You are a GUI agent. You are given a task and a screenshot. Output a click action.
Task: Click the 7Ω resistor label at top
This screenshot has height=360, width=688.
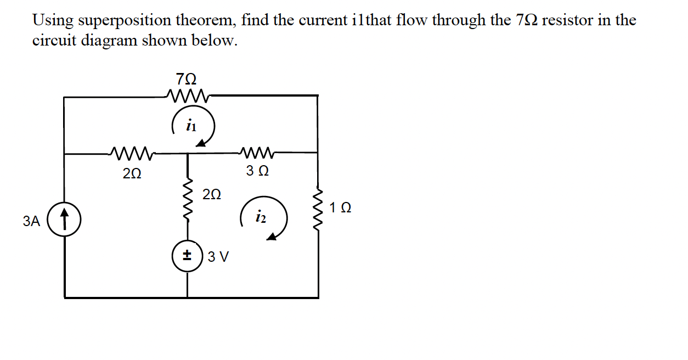(x=187, y=79)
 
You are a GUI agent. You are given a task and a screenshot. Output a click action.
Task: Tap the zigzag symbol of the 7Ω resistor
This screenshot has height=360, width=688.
(x=189, y=95)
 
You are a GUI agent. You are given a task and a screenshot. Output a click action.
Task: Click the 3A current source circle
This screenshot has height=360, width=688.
(x=65, y=221)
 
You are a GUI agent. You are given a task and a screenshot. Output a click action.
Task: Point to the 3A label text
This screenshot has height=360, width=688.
(x=32, y=221)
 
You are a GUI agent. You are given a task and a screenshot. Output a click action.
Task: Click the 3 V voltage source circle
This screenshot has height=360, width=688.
(x=188, y=256)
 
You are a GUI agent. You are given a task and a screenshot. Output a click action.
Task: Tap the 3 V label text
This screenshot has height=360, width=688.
(x=219, y=257)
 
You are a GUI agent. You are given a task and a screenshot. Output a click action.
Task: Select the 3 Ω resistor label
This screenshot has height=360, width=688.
(x=257, y=172)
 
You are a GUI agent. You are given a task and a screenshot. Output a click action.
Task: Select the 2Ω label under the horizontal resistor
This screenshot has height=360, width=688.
(x=132, y=173)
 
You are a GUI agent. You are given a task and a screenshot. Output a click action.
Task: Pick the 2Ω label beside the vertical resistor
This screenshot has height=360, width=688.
(x=212, y=194)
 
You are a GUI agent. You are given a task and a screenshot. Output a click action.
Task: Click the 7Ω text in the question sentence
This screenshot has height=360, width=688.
(x=527, y=21)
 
